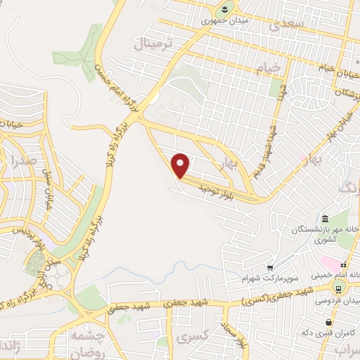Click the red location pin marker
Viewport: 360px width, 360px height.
coord(181,165)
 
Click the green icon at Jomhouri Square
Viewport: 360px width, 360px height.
coord(224,8)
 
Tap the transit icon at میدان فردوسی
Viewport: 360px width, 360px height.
coord(338,289)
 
